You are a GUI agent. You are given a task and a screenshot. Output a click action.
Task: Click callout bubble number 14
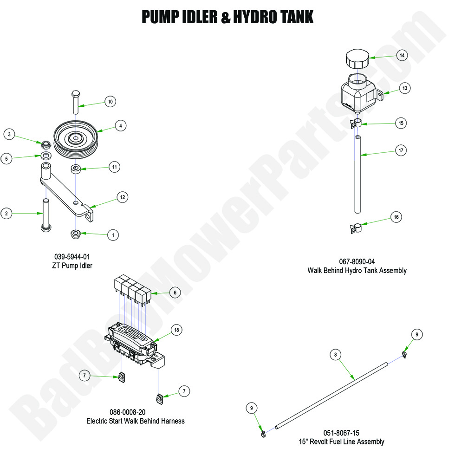(x=402, y=55)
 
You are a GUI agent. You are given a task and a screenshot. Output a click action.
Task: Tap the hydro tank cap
(x=357, y=59)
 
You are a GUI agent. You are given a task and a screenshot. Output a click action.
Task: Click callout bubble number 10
(x=110, y=101)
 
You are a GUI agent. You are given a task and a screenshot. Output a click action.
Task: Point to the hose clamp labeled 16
(x=356, y=228)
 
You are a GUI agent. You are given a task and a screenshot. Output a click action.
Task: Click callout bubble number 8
(x=335, y=355)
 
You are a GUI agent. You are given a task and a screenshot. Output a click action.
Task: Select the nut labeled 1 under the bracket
(x=76, y=233)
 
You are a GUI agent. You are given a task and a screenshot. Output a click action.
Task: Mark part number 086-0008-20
(x=135, y=412)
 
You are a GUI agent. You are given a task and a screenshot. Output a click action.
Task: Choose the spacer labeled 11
(x=76, y=168)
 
